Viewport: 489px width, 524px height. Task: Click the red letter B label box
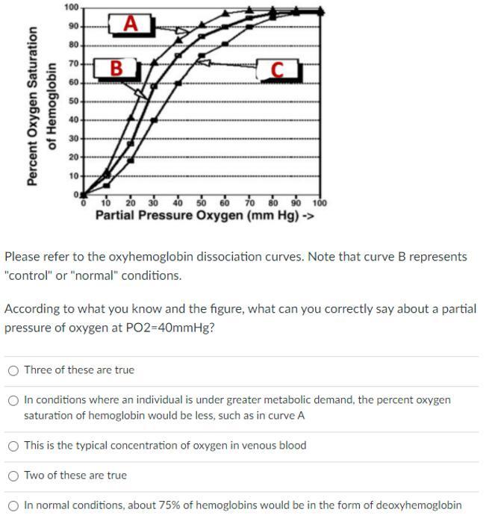(x=116, y=68)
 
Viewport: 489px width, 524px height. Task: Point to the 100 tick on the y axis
(x=71, y=7)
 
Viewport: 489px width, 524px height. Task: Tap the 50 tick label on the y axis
(x=73, y=101)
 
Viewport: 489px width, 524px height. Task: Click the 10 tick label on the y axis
(x=73, y=176)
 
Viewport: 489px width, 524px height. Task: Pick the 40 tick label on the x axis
(x=178, y=202)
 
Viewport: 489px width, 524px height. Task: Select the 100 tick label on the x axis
(x=319, y=202)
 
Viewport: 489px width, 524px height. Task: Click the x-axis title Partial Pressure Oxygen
(x=204, y=215)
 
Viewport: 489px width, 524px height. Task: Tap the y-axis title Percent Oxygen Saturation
(x=32, y=107)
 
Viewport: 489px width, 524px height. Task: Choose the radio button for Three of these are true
(x=13, y=370)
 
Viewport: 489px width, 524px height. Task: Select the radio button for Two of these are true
(x=13, y=475)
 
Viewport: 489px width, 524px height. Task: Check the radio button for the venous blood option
(x=13, y=446)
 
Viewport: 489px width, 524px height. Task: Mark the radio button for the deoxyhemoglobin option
(x=13, y=505)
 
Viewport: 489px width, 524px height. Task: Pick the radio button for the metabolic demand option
(x=13, y=400)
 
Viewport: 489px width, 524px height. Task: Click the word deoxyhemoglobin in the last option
(x=416, y=505)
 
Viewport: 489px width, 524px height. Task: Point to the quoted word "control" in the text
(x=29, y=275)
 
